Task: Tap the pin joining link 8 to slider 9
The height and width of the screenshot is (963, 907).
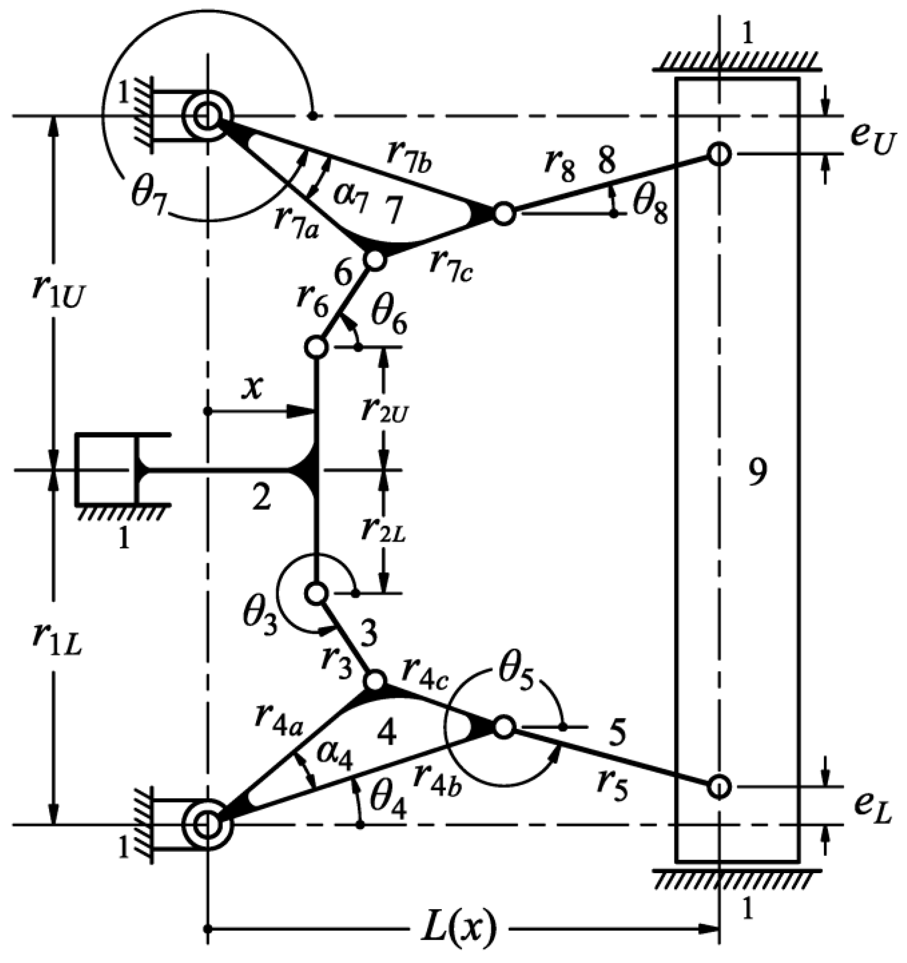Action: tap(719, 154)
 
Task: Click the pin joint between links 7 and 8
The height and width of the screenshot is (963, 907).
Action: tap(504, 213)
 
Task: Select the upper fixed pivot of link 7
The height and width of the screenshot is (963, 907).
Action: tap(208, 116)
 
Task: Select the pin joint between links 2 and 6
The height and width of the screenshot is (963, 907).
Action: tap(316, 347)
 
